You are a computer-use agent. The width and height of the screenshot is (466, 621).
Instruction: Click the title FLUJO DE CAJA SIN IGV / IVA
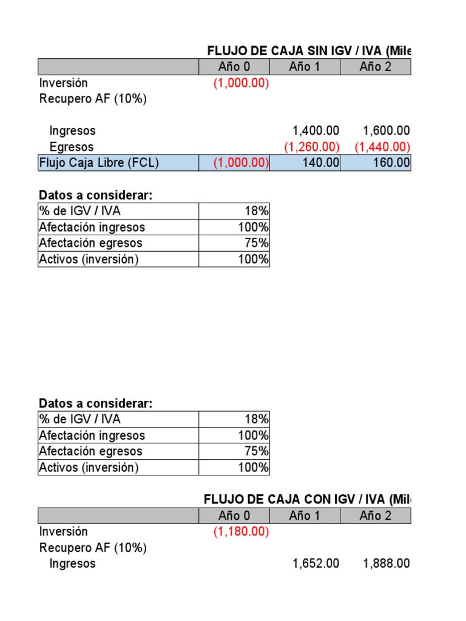pyautogui.click(x=309, y=51)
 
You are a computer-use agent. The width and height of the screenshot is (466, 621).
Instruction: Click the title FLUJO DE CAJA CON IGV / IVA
pyautogui.click(x=308, y=499)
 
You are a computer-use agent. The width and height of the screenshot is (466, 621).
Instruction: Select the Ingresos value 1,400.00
pyautogui.click(x=316, y=130)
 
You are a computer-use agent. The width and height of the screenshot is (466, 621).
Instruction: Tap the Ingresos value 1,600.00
pyautogui.click(x=386, y=130)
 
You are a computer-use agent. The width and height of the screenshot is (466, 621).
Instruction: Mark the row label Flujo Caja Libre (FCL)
pyautogui.click(x=99, y=163)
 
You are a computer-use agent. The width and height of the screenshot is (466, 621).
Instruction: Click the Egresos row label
pyautogui.click(x=72, y=147)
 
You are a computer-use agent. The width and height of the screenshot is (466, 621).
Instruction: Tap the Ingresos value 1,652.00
pyautogui.click(x=316, y=563)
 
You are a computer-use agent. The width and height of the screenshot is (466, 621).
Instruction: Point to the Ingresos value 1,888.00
pyautogui.click(x=386, y=563)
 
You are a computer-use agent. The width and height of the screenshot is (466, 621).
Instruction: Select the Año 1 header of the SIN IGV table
pyautogui.click(x=305, y=67)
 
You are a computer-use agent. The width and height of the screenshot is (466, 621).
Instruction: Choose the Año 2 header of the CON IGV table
pyautogui.click(x=375, y=515)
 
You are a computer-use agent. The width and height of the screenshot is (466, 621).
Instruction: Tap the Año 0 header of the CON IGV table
pyautogui.click(x=234, y=515)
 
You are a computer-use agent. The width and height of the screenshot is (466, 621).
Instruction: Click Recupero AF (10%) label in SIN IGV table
pyautogui.click(x=93, y=99)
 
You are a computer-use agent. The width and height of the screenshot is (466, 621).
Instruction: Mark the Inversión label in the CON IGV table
pyautogui.click(x=64, y=531)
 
